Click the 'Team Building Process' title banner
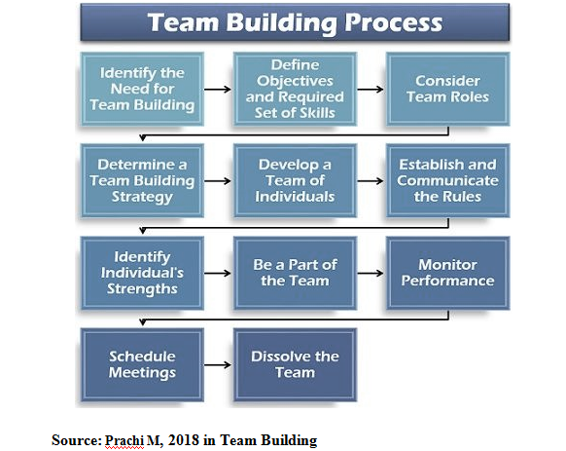click(x=295, y=22)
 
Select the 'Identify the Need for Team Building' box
click(x=142, y=89)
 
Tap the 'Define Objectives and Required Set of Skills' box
click(x=295, y=89)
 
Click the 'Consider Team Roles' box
click(x=447, y=89)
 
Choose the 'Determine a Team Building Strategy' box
click(x=142, y=180)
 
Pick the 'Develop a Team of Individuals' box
click(x=295, y=180)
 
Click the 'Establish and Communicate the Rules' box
click(x=447, y=180)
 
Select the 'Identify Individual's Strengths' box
click(x=142, y=273)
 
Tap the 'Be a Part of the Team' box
click(x=295, y=273)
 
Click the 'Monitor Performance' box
click(x=447, y=273)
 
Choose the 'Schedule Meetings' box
click(x=142, y=364)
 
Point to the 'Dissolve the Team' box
click(x=295, y=364)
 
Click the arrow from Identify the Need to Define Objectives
click(x=218, y=89)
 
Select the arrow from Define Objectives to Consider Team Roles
click(x=371, y=89)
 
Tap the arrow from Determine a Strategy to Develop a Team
click(x=218, y=180)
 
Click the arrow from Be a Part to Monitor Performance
click(x=371, y=273)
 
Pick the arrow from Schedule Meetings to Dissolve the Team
click(x=218, y=364)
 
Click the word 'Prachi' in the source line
click(x=124, y=440)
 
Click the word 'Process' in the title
click(x=394, y=22)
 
